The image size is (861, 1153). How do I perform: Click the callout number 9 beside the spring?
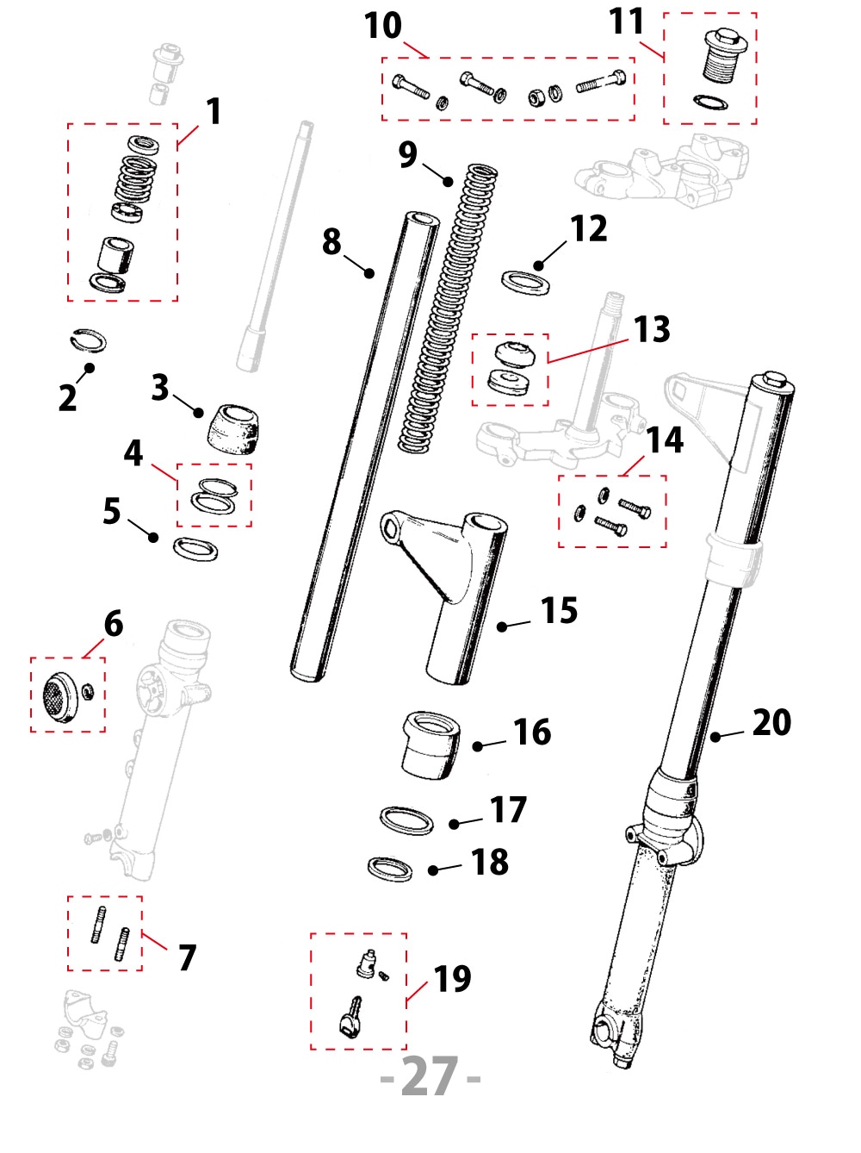point(407,155)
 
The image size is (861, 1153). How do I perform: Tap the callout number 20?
point(771,722)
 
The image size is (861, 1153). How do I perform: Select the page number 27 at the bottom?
point(430,1076)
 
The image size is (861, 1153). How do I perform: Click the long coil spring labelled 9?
point(448,310)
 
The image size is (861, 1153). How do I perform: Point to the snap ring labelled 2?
point(88,340)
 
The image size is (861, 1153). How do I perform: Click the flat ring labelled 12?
point(525,282)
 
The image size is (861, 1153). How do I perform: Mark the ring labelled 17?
point(406,820)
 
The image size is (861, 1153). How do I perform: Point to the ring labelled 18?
point(390,868)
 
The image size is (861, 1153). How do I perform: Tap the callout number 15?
point(559,611)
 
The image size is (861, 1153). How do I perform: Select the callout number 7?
point(187,957)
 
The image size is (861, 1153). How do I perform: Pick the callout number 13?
point(652,329)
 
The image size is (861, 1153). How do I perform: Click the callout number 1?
point(214,112)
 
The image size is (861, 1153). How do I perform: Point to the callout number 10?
point(382,26)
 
